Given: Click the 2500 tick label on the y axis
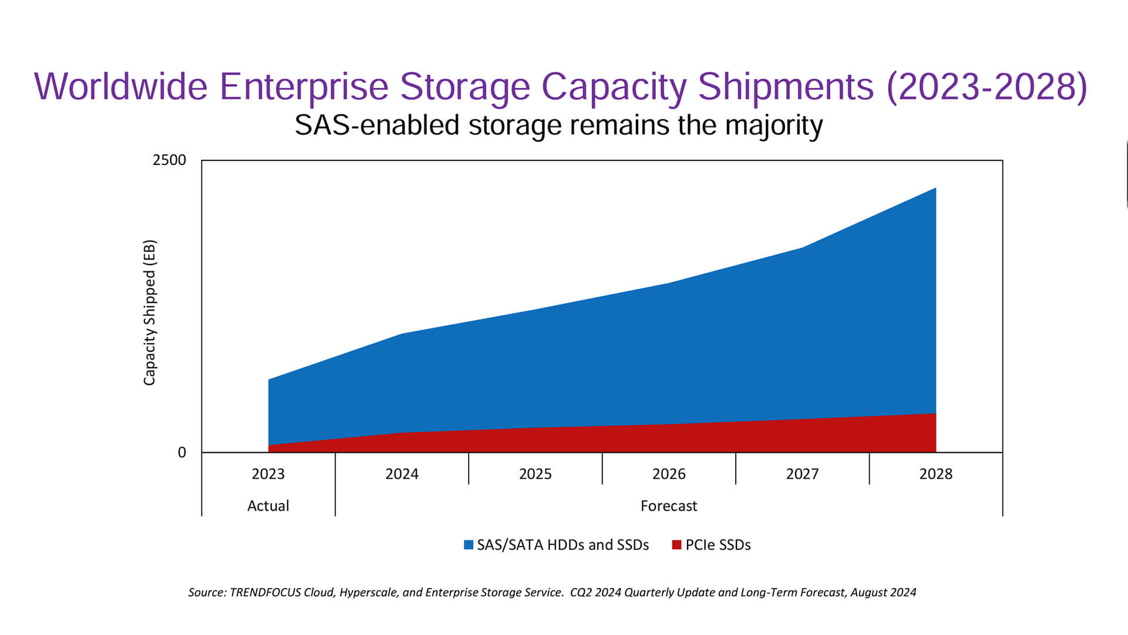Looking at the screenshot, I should pyautogui.click(x=169, y=160).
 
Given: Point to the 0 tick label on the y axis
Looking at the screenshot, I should pyautogui.click(x=182, y=452).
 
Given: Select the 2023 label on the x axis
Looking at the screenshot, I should pyautogui.click(x=268, y=474).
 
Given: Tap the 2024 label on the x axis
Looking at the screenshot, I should pyautogui.click(x=402, y=474).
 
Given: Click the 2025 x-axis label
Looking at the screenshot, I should pyautogui.click(x=535, y=474).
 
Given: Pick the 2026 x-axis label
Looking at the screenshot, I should pyautogui.click(x=669, y=474).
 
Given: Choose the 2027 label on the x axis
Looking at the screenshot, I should pyautogui.click(x=802, y=474).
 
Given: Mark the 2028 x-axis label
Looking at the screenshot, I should pyautogui.click(x=935, y=474).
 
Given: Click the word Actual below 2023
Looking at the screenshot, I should pyautogui.click(x=268, y=506).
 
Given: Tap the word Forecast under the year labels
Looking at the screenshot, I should pyautogui.click(x=669, y=506).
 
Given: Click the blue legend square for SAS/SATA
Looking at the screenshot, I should pyautogui.click(x=469, y=545).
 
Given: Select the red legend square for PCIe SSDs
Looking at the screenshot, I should pyautogui.click(x=676, y=545).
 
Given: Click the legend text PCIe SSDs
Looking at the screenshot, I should pyautogui.click(x=718, y=545).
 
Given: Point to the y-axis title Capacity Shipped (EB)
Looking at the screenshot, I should pyautogui.click(x=150, y=313).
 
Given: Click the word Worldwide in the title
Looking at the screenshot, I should pyautogui.click(x=120, y=87).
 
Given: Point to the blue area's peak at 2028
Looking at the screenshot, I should pyautogui.click(x=935, y=189).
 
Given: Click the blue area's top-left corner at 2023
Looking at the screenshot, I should pyautogui.click(x=269, y=380).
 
